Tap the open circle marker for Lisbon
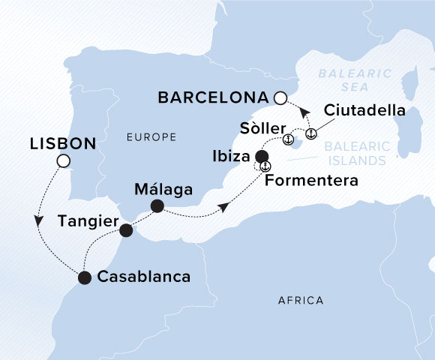(64, 161)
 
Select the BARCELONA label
(213, 97)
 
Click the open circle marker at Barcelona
(280, 97)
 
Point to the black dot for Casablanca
(84, 278)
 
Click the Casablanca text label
(142, 277)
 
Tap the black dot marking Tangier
(126, 229)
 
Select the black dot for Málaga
(157, 205)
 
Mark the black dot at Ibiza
(262, 157)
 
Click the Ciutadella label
(364, 111)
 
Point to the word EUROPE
(151, 137)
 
